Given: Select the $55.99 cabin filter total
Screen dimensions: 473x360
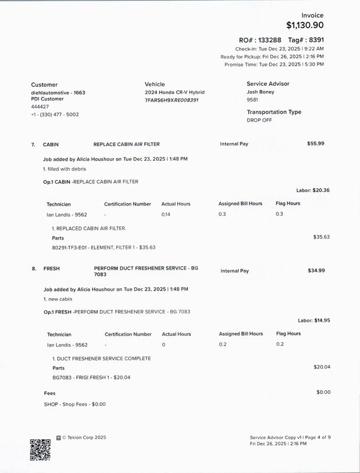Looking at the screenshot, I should [316, 143].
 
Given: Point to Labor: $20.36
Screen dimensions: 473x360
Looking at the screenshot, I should [313, 190].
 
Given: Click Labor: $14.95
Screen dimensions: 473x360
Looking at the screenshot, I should [313, 320].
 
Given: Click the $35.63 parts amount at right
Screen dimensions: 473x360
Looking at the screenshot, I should [322, 237].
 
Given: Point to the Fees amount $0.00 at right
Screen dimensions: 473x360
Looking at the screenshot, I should [323, 392].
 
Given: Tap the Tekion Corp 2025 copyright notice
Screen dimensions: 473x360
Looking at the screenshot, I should [84, 438].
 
